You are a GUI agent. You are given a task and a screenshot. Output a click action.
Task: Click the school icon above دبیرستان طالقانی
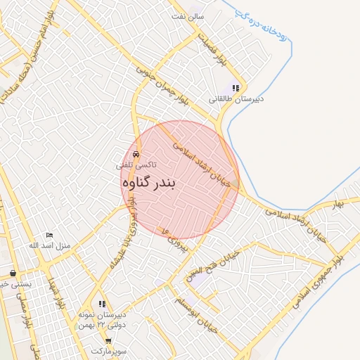236,89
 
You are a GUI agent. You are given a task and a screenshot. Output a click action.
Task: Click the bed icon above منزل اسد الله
49,235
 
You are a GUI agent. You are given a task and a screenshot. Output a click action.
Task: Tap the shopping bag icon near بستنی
13,273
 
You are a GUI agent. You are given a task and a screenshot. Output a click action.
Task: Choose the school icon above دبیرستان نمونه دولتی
103,304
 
